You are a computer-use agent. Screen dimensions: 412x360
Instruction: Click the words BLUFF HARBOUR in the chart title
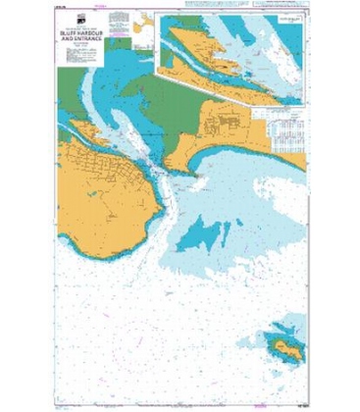[80, 43]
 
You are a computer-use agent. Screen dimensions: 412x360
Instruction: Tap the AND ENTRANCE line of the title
[80, 50]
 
